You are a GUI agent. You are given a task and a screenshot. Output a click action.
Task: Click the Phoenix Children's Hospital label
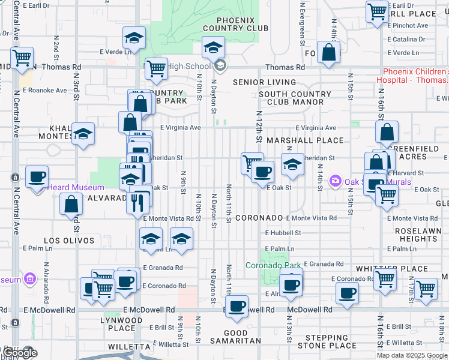412,76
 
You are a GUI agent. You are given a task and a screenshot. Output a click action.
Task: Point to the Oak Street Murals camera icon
335,180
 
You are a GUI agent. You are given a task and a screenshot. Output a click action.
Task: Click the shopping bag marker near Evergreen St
329,53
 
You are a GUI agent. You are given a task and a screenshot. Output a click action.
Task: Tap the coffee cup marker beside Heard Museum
37,176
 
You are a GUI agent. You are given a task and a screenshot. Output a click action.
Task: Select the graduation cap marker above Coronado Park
292,165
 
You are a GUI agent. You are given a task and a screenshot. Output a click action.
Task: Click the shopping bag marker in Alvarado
71,204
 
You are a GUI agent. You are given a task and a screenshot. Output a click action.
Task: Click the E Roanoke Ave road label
45,90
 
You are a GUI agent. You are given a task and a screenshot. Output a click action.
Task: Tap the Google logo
20,353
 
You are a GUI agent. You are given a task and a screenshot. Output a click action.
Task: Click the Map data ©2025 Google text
412,355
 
